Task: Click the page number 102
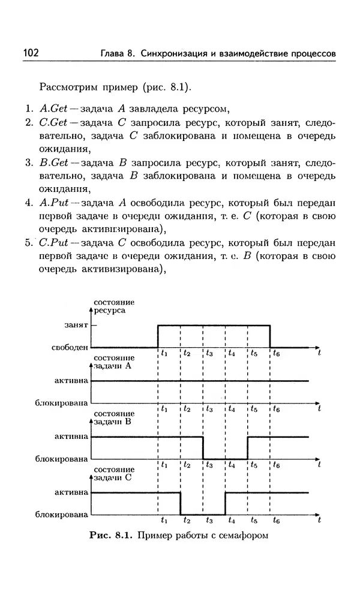point(31,53)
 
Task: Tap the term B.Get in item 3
point(52,162)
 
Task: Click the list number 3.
point(28,162)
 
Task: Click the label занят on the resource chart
point(77,325)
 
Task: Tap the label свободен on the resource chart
point(71,347)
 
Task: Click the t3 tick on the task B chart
point(209,465)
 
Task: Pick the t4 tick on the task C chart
point(231,520)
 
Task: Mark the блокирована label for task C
point(62,514)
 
